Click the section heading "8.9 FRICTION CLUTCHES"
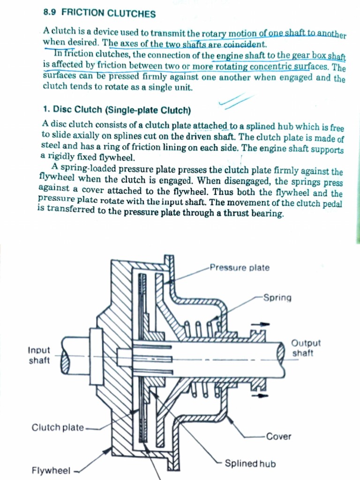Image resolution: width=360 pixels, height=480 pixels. [x=99, y=14]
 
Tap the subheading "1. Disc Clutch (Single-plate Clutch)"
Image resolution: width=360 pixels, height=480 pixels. [x=117, y=110]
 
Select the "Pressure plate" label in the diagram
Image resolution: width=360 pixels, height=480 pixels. [x=240, y=268]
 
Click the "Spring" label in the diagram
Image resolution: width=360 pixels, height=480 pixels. [x=277, y=298]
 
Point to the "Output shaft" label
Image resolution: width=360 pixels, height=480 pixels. [x=306, y=348]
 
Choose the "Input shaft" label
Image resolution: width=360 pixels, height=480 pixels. [x=39, y=355]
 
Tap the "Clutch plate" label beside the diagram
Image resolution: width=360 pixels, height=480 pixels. [x=58, y=427]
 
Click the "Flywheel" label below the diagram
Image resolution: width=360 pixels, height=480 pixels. [x=51, y=470]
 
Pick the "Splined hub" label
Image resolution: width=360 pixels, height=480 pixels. [x=250, y=464]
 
